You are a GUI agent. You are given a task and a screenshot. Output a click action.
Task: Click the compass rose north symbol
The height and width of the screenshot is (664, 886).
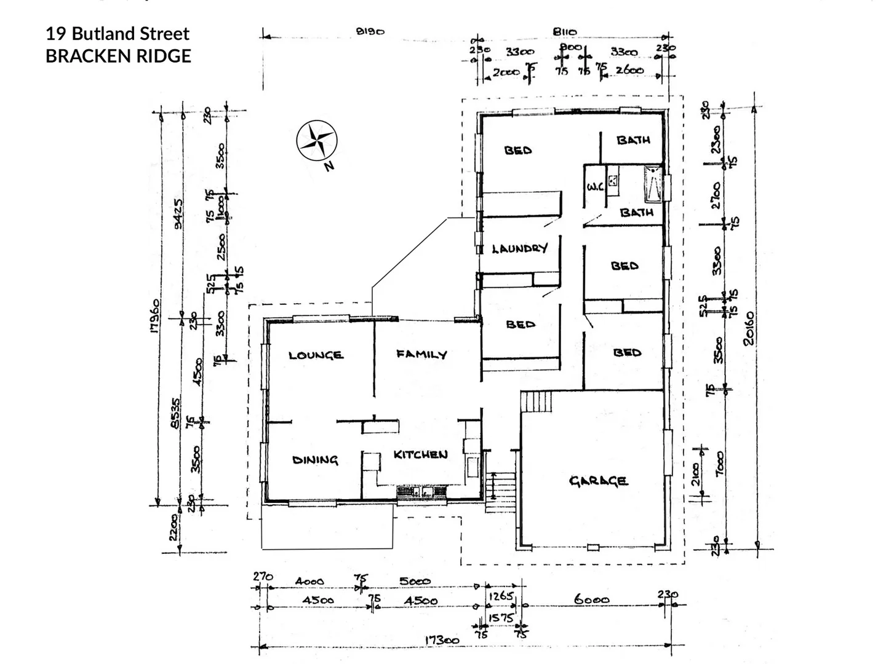316,140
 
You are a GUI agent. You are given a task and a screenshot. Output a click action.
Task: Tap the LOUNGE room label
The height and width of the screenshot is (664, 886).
316,355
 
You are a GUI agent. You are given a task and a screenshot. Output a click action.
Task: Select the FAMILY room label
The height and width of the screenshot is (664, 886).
421,354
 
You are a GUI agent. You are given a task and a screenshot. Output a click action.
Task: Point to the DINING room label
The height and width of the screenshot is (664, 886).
315,460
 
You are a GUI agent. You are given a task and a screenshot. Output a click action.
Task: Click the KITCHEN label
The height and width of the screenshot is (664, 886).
420,454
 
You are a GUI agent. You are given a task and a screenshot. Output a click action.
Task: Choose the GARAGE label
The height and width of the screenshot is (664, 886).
598,481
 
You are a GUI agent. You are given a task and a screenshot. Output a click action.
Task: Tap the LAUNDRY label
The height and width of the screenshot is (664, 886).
520,248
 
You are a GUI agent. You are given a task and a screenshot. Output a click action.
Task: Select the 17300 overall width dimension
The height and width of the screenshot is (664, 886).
442,640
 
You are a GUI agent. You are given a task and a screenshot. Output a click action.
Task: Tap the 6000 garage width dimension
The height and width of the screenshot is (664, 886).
592,599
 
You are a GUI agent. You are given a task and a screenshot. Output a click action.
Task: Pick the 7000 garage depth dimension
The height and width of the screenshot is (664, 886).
720,463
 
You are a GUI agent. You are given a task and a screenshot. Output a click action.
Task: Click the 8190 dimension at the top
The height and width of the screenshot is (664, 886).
370,31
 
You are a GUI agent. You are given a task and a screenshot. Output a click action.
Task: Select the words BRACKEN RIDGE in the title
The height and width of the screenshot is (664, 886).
118,56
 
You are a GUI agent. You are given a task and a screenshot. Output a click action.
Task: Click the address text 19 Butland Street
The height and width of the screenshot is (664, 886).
118,34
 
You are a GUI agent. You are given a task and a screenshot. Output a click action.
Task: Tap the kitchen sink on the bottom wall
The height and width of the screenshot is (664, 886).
415,492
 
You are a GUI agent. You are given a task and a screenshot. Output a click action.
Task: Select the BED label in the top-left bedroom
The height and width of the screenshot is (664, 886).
518,150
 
